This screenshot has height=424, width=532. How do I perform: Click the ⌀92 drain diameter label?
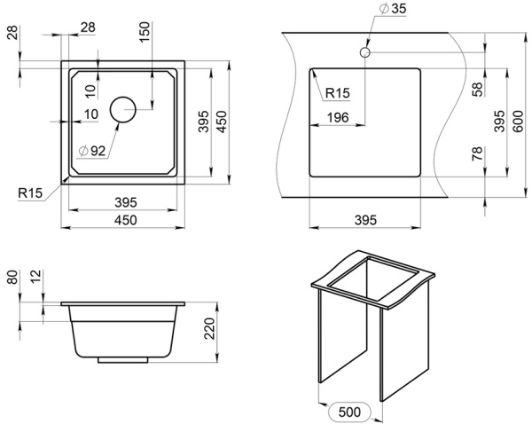[91, 150]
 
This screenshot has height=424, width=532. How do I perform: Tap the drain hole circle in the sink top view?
[122, 109]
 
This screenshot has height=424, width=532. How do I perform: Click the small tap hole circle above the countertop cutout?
[364, 53]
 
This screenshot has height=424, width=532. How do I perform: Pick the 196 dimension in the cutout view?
[337, 117]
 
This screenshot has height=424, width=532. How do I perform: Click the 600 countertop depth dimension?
[517, 117]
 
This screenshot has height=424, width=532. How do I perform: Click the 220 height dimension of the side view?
[210, 332]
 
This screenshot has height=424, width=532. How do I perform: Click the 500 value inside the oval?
[352, 412]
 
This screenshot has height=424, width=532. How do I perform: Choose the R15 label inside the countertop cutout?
[338, 92]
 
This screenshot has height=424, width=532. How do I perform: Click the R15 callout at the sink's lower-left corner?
[31, 192]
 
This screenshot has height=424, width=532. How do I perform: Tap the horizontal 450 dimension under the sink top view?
[124, 221]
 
